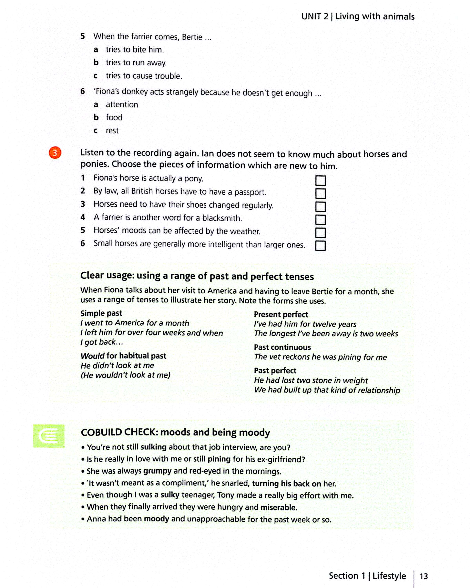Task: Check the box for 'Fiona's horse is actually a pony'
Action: [321, 181]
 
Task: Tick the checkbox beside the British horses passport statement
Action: [321, 194]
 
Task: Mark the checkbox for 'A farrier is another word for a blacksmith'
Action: [321, 220]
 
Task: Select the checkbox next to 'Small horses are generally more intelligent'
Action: [321, 246]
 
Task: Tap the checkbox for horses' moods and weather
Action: [321, 233]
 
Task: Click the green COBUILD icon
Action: [49, 436]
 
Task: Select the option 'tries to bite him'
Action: [135, 50]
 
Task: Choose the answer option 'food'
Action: [114, 118]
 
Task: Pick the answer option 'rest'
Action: [112, 131]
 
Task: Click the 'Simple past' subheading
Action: [101, 313]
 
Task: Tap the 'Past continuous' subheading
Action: [282, 347]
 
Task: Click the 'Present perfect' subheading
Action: [281, 314]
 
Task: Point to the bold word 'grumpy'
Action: [157, 471]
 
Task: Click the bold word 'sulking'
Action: [153, 447]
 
